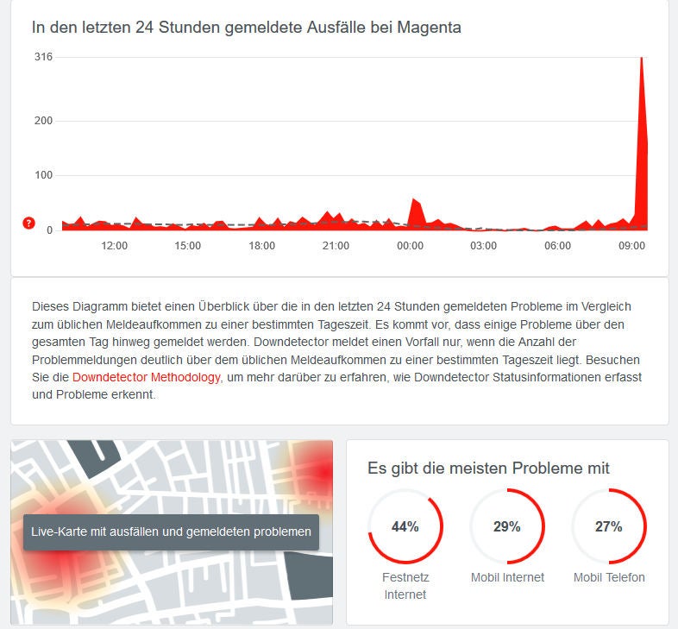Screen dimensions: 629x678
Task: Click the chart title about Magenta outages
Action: click(246, 27)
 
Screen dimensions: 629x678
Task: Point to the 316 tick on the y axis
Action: click(43, 57)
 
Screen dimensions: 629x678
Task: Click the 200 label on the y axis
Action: click(43, 120)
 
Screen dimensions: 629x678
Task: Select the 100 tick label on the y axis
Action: click(43, 175)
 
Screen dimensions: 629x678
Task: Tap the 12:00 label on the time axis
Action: click(114, 246)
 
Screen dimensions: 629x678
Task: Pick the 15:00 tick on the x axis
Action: click(188, 246)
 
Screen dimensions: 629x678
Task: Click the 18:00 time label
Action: click(262, 246)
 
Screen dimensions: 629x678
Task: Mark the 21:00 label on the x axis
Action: click(336, 246)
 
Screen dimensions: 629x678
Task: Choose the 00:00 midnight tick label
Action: click(410, 246)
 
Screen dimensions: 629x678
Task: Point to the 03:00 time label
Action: click(484, 246)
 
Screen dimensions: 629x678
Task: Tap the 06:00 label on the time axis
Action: click(558, 246)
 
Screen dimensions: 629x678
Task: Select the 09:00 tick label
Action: click(632, 246)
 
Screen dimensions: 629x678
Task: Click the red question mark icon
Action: click(28, 223)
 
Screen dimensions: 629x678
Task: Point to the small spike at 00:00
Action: click(415, 201)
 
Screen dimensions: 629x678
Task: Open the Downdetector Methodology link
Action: click(146, 377)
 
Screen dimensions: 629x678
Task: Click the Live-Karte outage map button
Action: click(171, 532)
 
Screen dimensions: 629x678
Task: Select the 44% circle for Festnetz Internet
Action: click(405, 526)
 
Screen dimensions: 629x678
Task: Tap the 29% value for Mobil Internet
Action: click(507, 526)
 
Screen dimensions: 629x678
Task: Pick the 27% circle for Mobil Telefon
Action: click(609, 526)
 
